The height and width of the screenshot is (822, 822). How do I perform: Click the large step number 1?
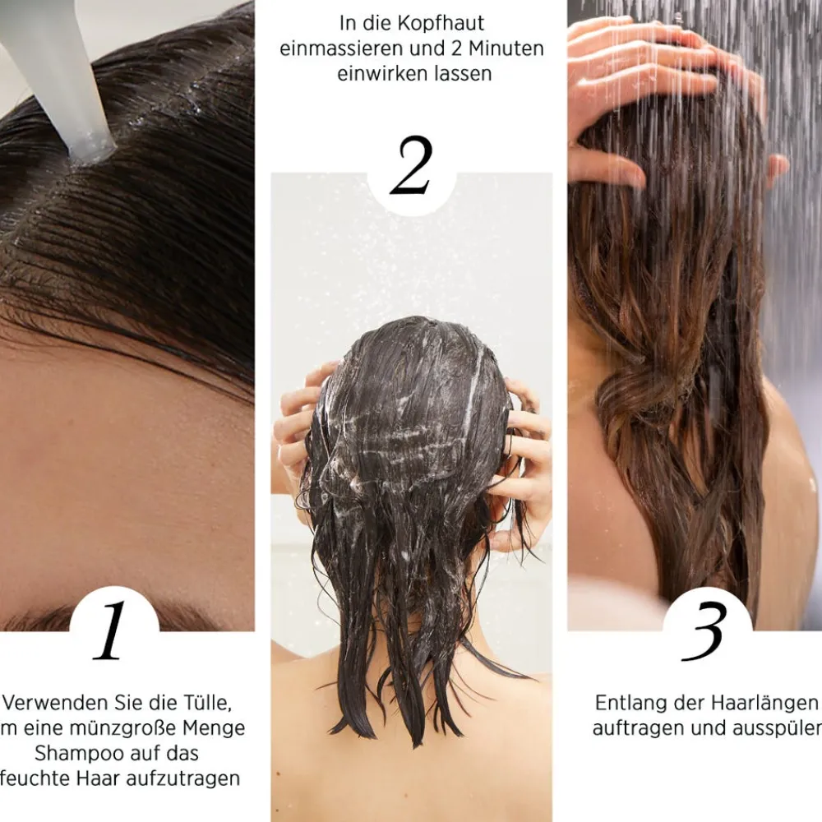(111, 631)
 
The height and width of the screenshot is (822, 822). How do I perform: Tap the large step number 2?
(410, 167)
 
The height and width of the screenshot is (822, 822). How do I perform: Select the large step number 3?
(705, 631)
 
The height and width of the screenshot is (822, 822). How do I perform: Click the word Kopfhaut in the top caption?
(451, 23)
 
